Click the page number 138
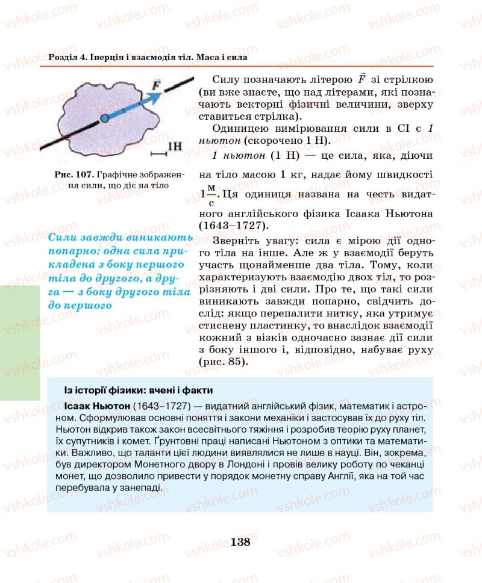point(240,541)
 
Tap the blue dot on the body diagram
point(104,118)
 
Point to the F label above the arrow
point(156,84)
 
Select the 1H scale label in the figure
point(174,146)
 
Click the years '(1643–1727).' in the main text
point(234,225)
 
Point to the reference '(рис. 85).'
point(222,362)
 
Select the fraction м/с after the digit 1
point(211,194)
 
